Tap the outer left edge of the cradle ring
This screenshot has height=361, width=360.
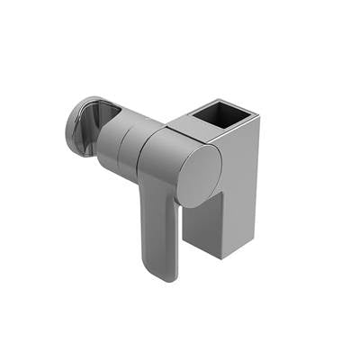[x=67, y=131]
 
